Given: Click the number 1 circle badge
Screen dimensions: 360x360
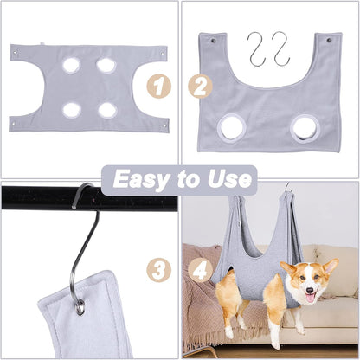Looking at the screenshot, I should pos(157,86).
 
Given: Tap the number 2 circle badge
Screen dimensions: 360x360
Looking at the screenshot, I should pos(202,86).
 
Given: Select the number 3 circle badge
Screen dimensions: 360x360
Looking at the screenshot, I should pos(157,269).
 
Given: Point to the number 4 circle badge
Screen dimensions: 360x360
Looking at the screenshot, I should pos(202,269).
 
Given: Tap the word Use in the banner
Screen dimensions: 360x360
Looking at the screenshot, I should pos(230,180).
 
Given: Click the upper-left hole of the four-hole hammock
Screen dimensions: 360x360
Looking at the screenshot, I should pos(72,65).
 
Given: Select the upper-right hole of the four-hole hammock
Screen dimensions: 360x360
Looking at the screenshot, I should pos(106,65).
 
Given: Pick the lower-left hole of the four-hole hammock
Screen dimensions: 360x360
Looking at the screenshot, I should pos(72,110).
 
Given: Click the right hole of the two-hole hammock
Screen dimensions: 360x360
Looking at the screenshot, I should pos(305,128).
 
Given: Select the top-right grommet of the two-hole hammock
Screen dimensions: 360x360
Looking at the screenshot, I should pos(328,40).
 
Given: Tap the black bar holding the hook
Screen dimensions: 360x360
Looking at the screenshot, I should pos(35,197).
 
